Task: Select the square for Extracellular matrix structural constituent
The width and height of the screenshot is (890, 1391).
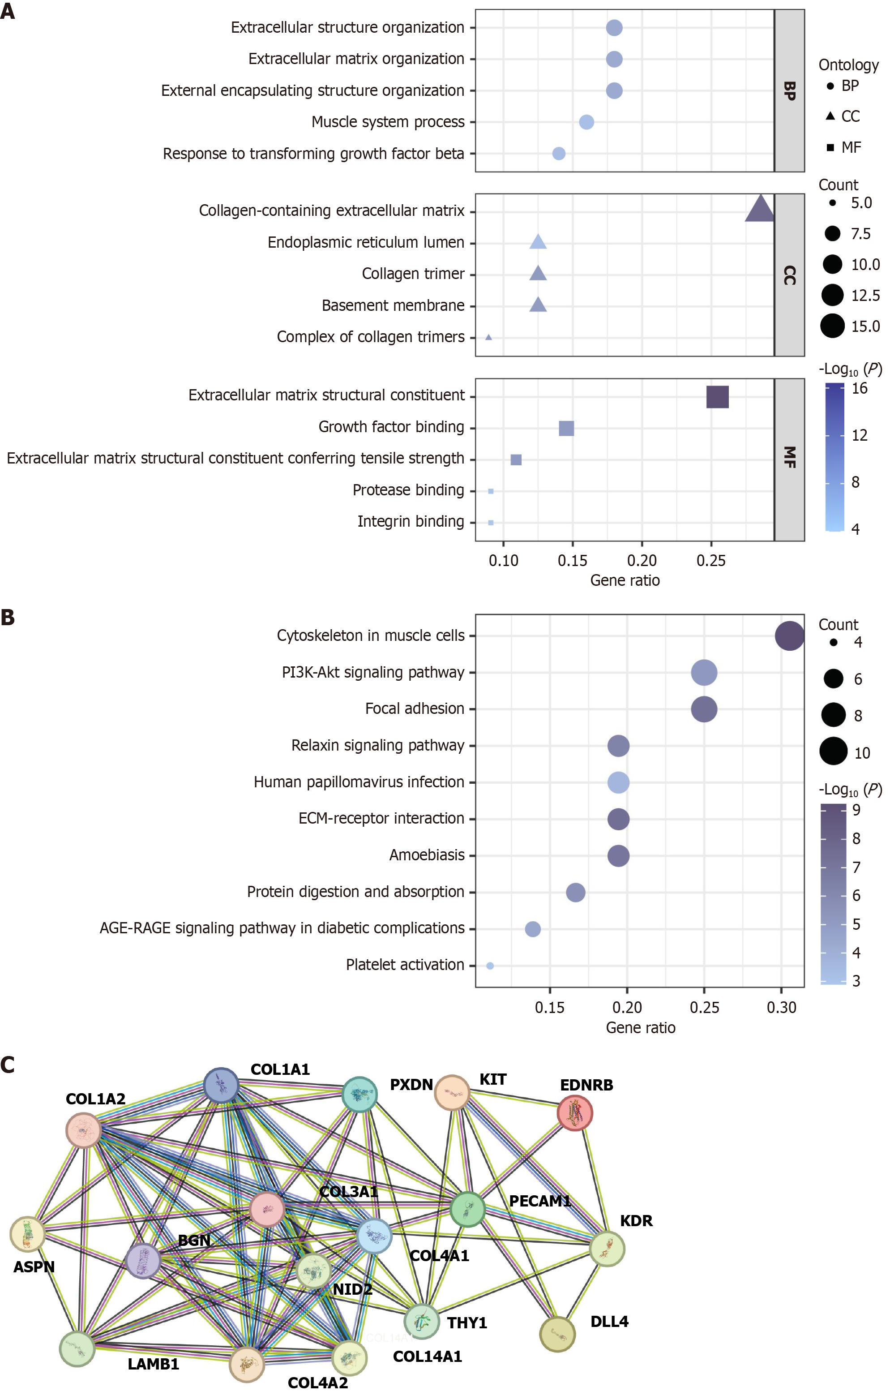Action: pyautogui.click(x=717, y=397)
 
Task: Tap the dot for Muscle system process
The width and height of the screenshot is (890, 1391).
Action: pyautogui.click(x=586, y=122)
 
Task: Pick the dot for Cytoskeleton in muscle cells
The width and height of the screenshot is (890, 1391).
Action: pyautogui.click(x=789, y=636)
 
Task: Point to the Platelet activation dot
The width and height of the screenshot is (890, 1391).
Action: pyautogui.click(x=490, y=966)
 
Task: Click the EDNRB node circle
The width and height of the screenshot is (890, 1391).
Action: pyautogui.click(x=574, y=1113)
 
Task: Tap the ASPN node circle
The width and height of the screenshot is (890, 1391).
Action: pyautogui.click(x=27, y=1233)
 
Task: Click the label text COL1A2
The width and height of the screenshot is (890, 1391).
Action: pyautogui.click(x=95, y=1099)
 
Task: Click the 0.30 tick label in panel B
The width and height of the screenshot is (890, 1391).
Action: pyautogui.click(x=781, y=1008)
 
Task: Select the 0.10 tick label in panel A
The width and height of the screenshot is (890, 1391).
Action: pyautogui.click(x=503, y=561)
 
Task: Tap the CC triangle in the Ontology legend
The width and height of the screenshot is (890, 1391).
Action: pyautogui.click(x=830, y=116)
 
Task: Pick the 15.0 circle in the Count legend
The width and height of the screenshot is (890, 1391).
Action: pyautogui.click(x=832, y=326)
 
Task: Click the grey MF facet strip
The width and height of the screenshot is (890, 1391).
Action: pyautogui.click(x=789, y=459)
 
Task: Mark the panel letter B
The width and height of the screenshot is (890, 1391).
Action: pyautogui.click(x=8, y=618)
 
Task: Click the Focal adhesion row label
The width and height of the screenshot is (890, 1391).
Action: pyautogui.click(x=415, y=709)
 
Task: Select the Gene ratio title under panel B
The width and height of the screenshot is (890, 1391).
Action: pyautogui.click(x=640, y=1028)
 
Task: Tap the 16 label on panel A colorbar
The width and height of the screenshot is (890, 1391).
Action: pyautogui.click(x=860, y=389)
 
